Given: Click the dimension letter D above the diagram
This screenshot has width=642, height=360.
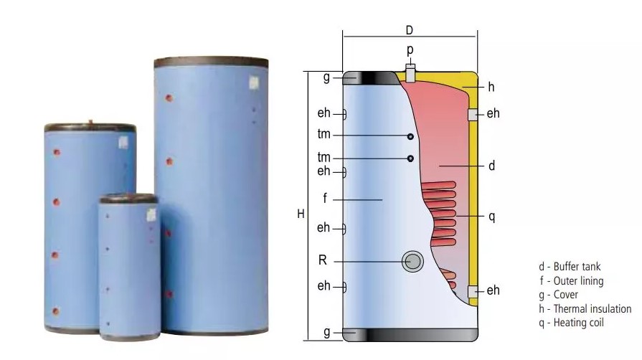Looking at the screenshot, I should tap(409, 30).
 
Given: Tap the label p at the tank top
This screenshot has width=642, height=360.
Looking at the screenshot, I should tap(410, 50).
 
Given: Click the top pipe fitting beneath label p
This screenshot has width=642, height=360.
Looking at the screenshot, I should tap(410, 72).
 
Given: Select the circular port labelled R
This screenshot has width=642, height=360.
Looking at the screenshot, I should tap(412, 261).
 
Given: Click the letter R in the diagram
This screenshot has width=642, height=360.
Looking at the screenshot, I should tap(323, 260).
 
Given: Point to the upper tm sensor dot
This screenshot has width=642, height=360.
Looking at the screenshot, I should tap(410, 136).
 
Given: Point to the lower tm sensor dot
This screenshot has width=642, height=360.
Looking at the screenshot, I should tap(410, 158).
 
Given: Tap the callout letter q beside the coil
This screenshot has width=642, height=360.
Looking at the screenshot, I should tap(491, 217).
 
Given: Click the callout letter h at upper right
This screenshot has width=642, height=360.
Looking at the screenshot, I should tap(491, 87).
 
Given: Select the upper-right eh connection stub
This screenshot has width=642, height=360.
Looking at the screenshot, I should tap(473, 114).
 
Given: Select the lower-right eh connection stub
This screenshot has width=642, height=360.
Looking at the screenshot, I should tap(473, 291).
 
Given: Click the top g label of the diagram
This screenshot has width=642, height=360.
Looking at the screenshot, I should tap(326, 77).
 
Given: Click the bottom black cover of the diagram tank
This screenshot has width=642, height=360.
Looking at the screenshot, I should tap(410, 334).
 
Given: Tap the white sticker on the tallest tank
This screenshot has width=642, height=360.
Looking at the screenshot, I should tap(252, 82).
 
